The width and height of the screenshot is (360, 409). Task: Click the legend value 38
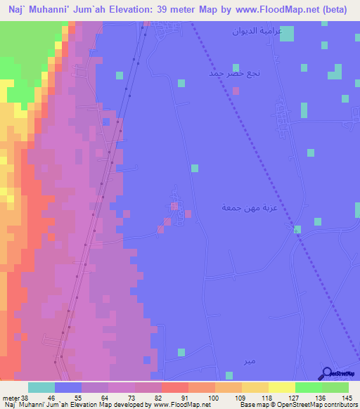click(25, 398)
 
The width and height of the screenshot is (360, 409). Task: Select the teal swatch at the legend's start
click(41, 387)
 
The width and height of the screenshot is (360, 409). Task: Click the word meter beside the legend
click(10, 398)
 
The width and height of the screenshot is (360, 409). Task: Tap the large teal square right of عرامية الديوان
click(287, 33)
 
